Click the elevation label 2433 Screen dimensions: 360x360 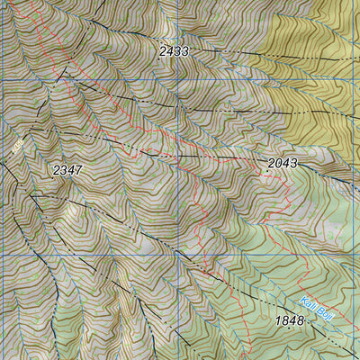pyautogui.click(x=174, y=52)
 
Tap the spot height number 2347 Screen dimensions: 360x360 pyautogui.click(x=67, y=169)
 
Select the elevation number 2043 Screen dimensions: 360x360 pyautogui.click(x=283, y=163)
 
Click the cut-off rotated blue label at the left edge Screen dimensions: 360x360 pyautogui.click(x=16, y=144)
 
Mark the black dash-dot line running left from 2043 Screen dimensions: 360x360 pyautogui.click(x=216, y=158)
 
